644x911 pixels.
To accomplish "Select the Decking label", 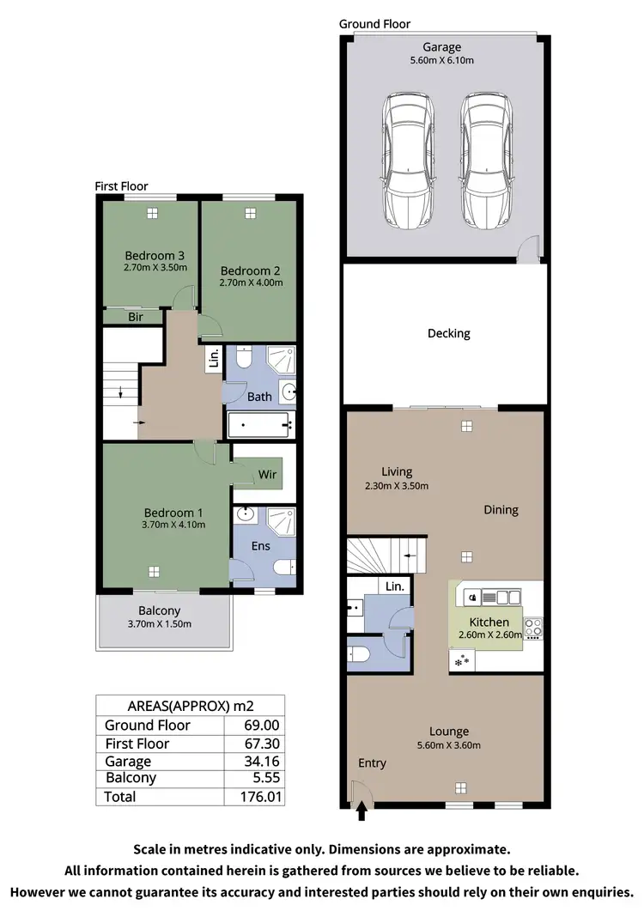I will pos(448,333).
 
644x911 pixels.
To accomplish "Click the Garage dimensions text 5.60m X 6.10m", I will pos(441,60).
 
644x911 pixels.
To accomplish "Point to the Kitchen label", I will pos(489,622).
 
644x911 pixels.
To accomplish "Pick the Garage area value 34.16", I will pos(263,762).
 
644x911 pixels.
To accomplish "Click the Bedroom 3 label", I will pos(155,255).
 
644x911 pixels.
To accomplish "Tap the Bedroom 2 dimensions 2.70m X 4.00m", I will pos(251,282).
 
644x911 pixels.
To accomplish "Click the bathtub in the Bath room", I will pos(261,425).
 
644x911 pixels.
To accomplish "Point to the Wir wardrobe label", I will pos(267,474).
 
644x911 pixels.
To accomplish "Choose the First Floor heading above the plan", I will pos(121,186).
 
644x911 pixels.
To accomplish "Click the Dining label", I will pos(501,509).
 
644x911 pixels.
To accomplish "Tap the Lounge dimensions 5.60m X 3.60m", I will pos(449,745).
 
